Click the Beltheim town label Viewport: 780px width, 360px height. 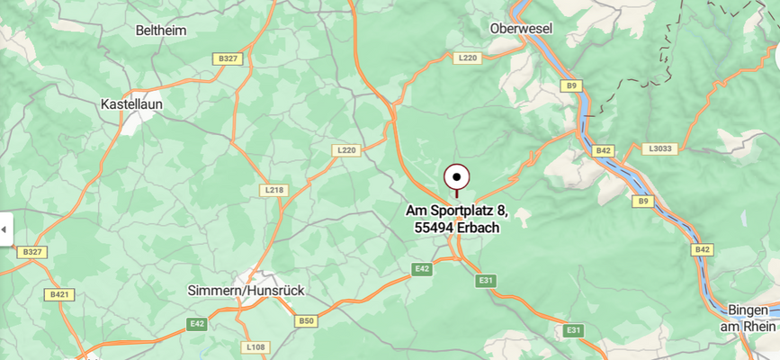pyautogui.click(x=161, y=31)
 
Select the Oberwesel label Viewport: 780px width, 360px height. pyautogui.click(x=521, y=29)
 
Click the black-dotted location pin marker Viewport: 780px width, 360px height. pyautogui.click(x=457, y=176)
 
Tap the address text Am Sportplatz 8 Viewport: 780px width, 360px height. pyautogui.click(x=457, y=211)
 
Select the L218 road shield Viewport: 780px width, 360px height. pyautogui.click(x=274, y=190)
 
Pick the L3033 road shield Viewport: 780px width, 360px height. pyautogui.click(x=659, y=148)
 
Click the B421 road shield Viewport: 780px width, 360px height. pyautogui.click(x=59, y=294)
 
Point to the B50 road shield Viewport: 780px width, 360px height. pyautogui.click(x=307, y=320)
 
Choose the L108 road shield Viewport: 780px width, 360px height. pyautogui.click(x=256, y=346)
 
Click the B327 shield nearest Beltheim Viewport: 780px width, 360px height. pyautogui.click(x=228, y=58)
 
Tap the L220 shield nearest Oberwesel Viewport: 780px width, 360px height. pyautogui.click(x=468, y=58)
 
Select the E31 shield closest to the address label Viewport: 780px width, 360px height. pyautogui.click(x=487, y=281)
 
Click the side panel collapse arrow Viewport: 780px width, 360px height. pyautogui.click(x=4, y=229)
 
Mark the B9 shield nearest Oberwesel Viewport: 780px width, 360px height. pyautogui.click(x=571, y=85)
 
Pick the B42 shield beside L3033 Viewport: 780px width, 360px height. pyautogui.click(x=602, y=150)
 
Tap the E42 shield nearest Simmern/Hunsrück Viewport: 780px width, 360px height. pyautogui.click(x=197, y=323)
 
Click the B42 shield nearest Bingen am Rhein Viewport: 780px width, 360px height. pyautogui.click(x=702, y=249)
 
